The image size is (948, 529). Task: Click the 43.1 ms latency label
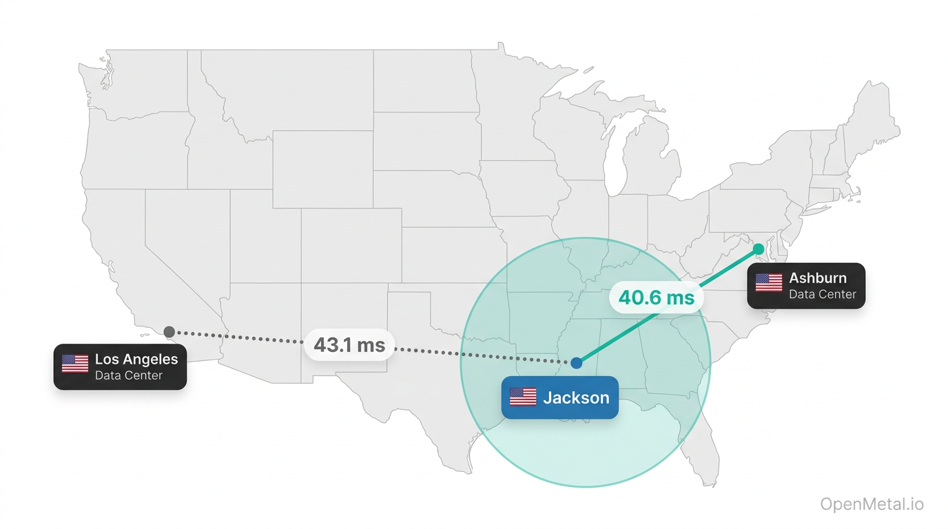[x=349, y=344]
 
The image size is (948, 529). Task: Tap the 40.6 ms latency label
[x=656, y=298]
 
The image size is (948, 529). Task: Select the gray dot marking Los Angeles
[x=169, y=332]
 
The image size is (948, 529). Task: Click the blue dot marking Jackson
[x=576, y=363]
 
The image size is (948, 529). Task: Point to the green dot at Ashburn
[x=759, y=248]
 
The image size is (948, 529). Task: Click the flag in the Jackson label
[x=523, y=397]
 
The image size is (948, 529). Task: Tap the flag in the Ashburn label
[x=769, y=282]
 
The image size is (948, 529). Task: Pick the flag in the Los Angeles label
[x=75, y=364]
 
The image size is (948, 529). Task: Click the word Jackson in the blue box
[x=576, y=397]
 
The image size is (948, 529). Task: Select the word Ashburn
[x=818, y=278]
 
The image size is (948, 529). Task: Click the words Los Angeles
[x=136, y=359]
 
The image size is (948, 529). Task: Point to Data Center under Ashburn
[x=823, y=294]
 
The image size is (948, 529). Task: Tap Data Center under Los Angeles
[x=129, y=375]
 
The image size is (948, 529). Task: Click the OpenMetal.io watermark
[x=872, y=504]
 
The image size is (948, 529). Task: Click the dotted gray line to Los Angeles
[x=248, y=337]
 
